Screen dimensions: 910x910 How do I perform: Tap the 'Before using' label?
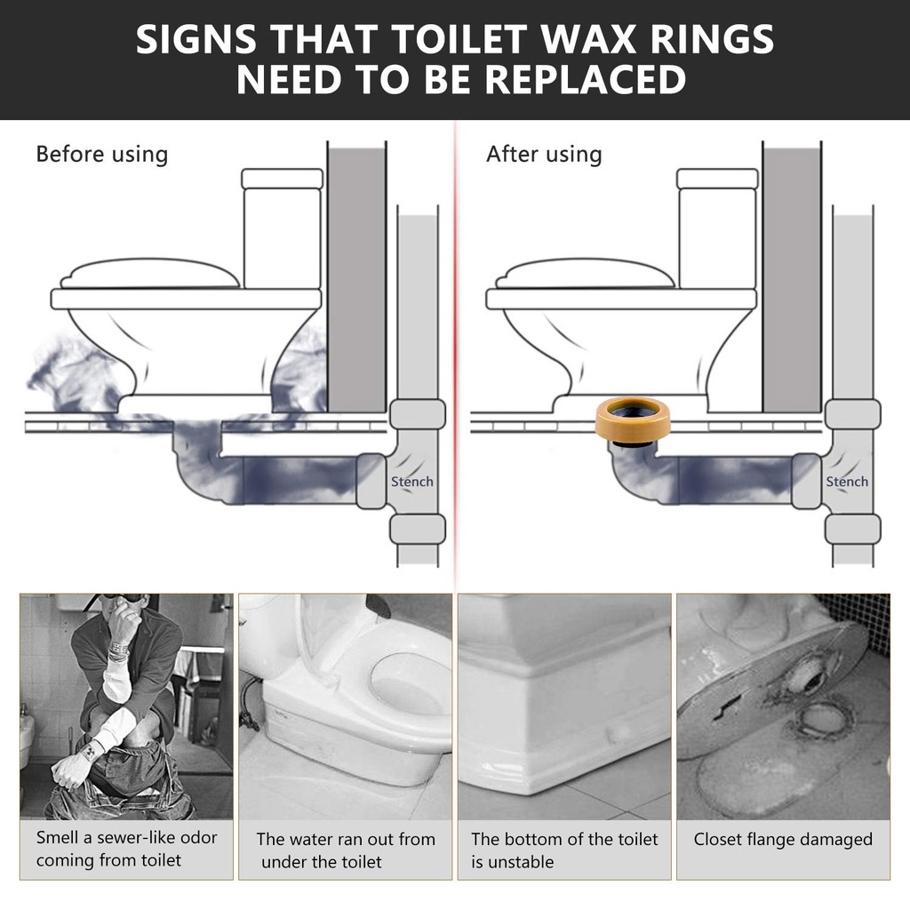[x=101, y=154]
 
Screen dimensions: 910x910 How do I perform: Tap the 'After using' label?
[x=543, y=154]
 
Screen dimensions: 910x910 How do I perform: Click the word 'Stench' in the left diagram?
[x=412, y=482]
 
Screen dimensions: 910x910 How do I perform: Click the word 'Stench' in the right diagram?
[x=847, y=482]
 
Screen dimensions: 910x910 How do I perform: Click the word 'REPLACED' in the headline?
[x=586, y=81]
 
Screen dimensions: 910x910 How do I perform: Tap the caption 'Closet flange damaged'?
[x=783, y=839]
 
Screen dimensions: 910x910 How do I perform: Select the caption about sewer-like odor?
[x=126, y=849]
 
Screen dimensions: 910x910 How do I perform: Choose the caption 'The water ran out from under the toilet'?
[x=345, y=850]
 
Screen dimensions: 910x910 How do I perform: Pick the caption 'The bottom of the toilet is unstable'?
[x=563, y=850]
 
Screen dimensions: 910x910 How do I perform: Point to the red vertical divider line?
[x=455, y=355]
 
